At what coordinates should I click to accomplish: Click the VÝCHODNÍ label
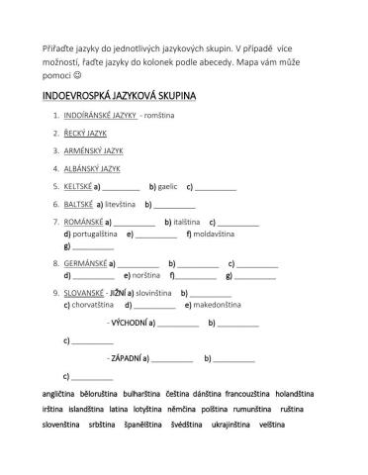[130, 324]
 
